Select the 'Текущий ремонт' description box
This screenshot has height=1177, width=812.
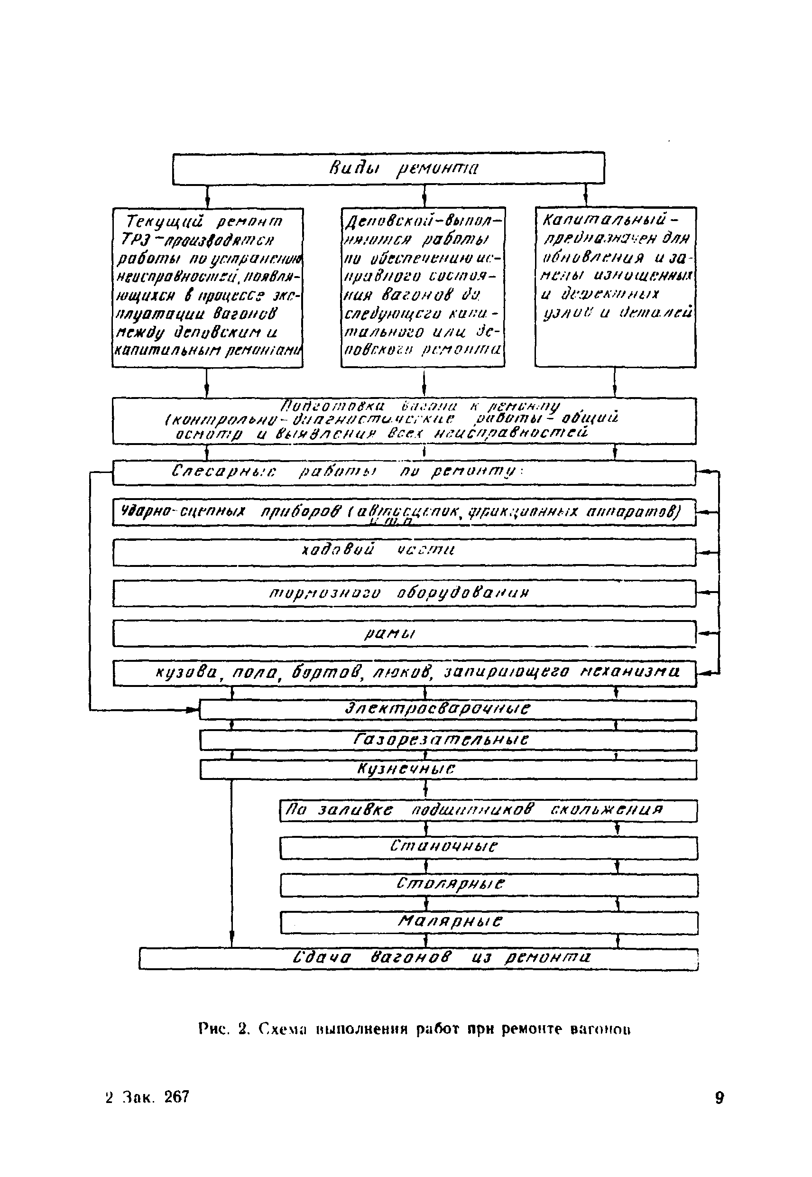pos(207,287)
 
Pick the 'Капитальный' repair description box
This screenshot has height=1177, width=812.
pos(615,287)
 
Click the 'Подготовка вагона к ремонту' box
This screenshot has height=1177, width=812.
pos(404,421)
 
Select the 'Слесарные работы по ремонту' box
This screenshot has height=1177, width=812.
pos(404,473)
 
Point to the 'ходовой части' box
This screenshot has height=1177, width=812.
pos(404,552)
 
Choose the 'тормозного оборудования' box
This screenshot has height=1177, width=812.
pos(404,593)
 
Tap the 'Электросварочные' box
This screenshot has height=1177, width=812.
pos(448,710)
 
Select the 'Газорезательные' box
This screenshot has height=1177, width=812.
pos(448,741)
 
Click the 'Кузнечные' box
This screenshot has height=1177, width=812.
pos(448,770)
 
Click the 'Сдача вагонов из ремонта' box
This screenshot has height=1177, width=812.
pos(418,960)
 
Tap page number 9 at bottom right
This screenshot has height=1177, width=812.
pos(719,1098)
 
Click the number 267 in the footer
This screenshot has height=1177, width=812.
pos(176,1098)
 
